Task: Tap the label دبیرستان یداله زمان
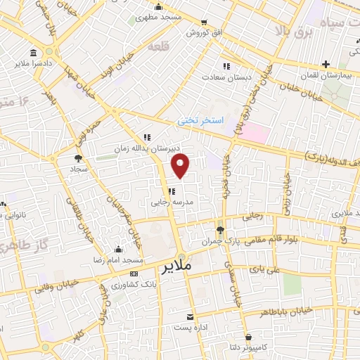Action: point(149,148)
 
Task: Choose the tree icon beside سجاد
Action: point(77,159)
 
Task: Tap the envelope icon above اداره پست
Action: point(189,316)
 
